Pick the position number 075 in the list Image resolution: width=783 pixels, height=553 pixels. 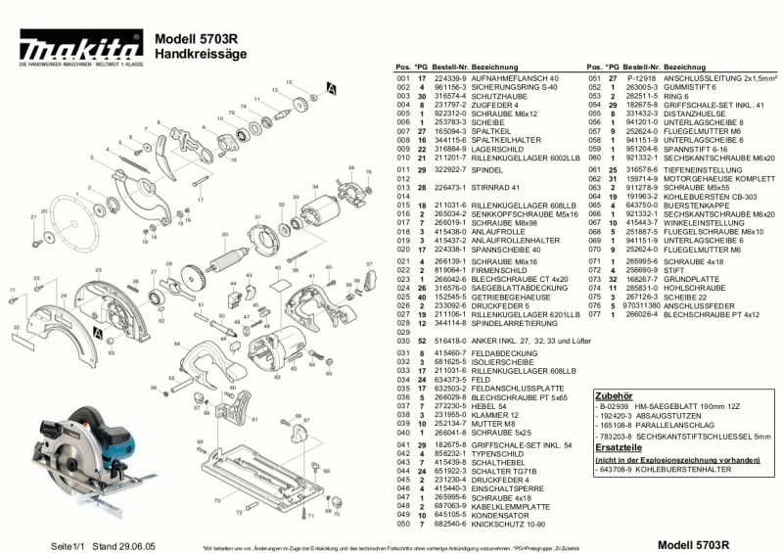595,306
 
